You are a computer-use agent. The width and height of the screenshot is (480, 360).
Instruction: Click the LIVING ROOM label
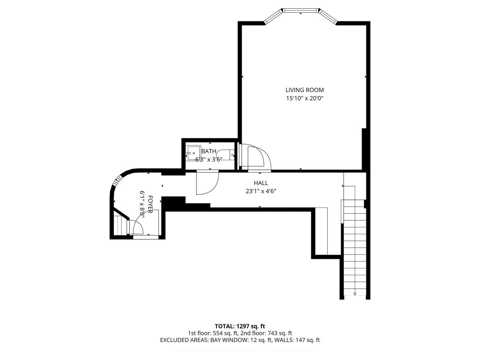click(304, 90)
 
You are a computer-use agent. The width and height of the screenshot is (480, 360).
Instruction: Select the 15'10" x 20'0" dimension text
click(304, 98)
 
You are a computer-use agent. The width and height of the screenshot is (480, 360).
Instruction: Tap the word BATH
click(209, 151)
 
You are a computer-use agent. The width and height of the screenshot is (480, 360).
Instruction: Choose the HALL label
click(261, 183)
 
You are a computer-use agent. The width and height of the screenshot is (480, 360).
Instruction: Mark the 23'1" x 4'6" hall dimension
click(261, 191)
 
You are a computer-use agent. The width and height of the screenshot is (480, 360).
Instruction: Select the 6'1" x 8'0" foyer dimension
click(142, 204)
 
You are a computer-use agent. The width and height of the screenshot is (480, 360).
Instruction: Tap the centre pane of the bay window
click(301, 10)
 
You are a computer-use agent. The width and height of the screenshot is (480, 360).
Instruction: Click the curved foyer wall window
click(118, 180)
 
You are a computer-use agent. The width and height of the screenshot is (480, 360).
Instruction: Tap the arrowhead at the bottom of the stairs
click(355, 294)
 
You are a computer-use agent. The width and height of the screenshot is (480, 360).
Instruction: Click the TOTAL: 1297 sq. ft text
click(240, 327)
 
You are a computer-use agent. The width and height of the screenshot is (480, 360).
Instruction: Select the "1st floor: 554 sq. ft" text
click(210, 333)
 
